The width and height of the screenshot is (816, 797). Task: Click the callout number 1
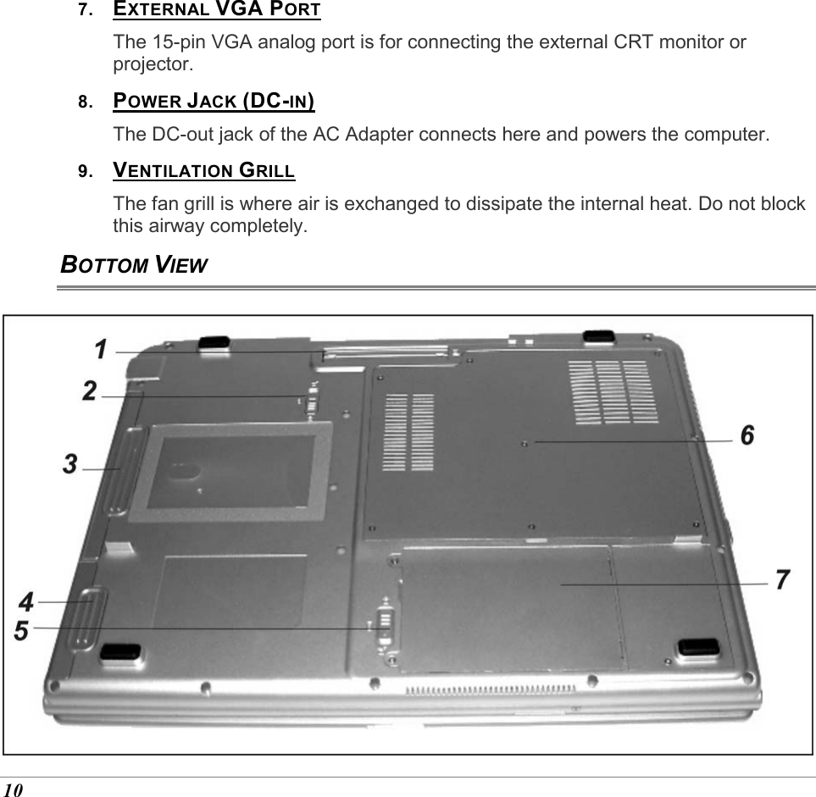pos(100,349)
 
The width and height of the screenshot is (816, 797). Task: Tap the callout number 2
pos(90,391)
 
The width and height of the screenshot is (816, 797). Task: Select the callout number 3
pos(71,464)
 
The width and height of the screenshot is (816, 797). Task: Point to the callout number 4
pos(27,602)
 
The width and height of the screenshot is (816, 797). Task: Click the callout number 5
pos(22,631)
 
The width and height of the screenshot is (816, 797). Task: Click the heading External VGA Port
pos(217,11)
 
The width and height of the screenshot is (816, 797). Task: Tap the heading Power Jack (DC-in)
pos(214,102)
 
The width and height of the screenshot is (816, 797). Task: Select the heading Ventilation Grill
pos(204,170)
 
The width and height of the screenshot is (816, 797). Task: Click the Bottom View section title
pos(133,264)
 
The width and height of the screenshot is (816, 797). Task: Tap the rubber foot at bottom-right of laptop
pos(697,648)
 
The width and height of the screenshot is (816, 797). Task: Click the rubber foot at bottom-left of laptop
pos(119,651)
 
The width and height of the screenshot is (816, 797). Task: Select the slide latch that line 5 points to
pos(384,625)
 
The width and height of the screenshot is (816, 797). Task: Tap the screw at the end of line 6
pos(526,442)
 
